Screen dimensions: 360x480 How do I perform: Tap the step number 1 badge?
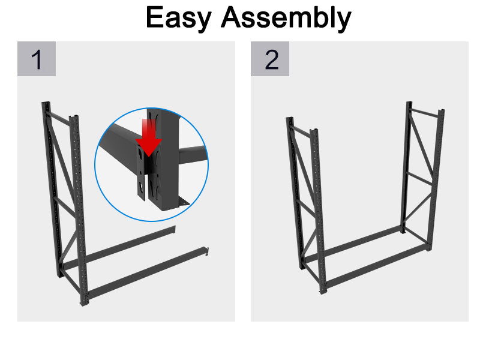tap(37, 59)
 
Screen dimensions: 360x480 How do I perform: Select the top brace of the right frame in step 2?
tap(426, 111)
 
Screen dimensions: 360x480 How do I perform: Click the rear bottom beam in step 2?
tap(354, 242)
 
